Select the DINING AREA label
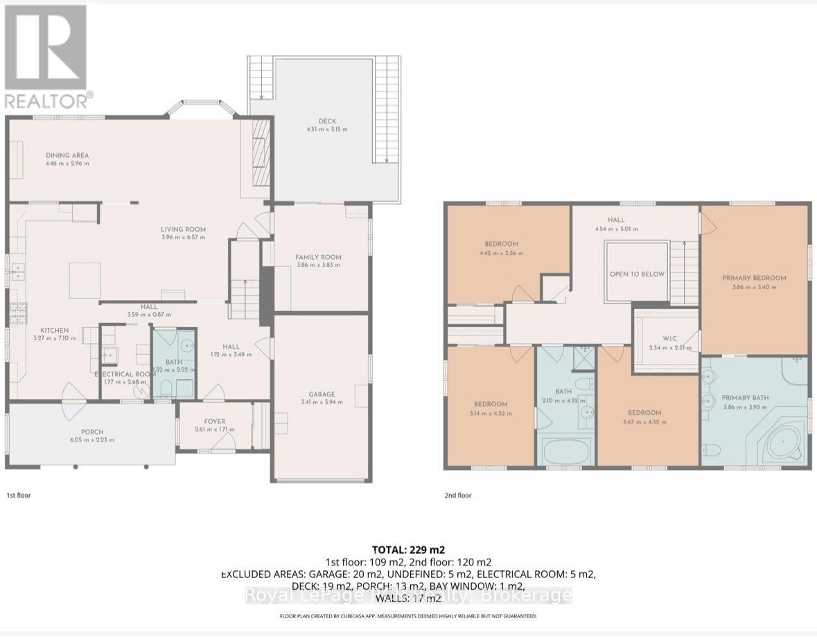(x=67, y=155)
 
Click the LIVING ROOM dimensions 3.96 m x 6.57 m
(x=184, y=238)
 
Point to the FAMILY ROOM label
(x=318, y=257)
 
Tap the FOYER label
(x=214, y=421)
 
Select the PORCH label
(x=92, y=431)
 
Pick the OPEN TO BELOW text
(x=637, y=274)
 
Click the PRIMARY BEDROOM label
(x=754, y=278)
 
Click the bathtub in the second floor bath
(x=565, y=452)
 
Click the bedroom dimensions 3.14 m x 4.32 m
(x=491, y=413)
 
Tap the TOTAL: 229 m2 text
(x=408, y=550)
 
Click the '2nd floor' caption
(x=457, y=496)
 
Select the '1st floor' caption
(x=19, y=496)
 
